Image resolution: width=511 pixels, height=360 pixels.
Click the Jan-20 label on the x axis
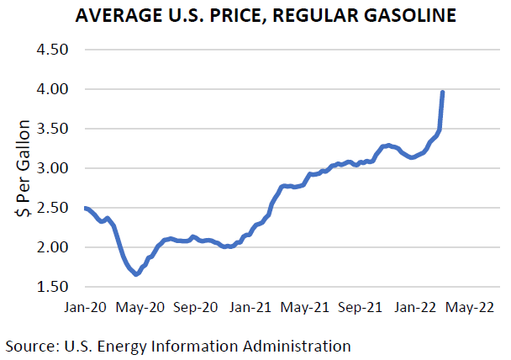(x=84, y=308)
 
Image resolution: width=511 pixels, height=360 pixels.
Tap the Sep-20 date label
(x=195, y=308)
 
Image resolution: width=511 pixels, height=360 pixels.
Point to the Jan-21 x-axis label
(x=250, y=308)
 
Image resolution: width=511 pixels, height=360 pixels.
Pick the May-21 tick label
(x=305, y=308)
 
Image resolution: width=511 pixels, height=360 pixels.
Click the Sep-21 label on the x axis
(x=361, y=308)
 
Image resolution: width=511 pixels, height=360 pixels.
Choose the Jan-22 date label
(x=417, y=308)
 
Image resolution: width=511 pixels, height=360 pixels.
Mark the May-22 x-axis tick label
(x=471, y=308)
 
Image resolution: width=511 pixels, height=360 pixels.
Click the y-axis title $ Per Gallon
(x=24, y=168)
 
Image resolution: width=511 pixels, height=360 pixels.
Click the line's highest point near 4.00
(x=443, y=92)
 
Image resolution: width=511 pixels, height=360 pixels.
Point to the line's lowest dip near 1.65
(x=136, y=274)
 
